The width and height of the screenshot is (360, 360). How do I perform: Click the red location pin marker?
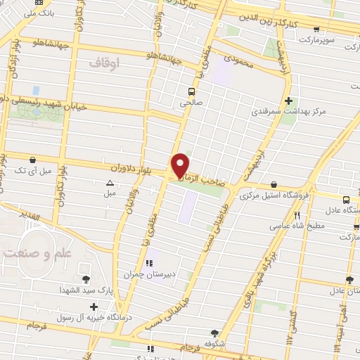pyautogui.click(x=181, y=165)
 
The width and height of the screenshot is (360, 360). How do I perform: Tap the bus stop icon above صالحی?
pyautogui.click(x=191, y=91)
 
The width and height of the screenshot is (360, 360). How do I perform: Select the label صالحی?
pyautogui.click(x=191, y=102)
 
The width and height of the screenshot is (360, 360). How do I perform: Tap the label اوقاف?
pyautogui.click(x=105, y=63)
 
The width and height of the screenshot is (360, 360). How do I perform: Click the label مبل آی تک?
pyautogui.click(x=33, y=171)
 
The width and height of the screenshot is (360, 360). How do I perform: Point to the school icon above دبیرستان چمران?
pyautogui.click(x=148, y=264)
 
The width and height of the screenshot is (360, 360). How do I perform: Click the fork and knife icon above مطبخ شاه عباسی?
pyautogui.click(x=297, y=215)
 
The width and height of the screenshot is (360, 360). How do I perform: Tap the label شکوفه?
pyautogui.click(x=214, y=345)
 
